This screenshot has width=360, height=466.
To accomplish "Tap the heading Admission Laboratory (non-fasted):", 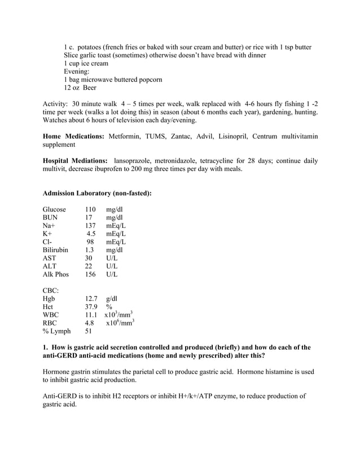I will (x=97, y=193).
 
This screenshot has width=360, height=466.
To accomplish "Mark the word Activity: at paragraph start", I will (x=56, y=104).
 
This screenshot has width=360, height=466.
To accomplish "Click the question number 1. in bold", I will (x=46, y=348).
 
